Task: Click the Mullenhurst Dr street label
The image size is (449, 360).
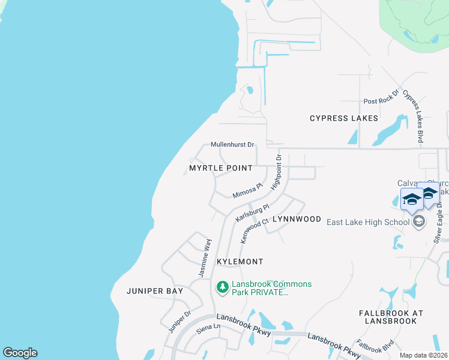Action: click(233, 145)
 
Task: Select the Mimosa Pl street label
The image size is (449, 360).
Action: click(248, 191)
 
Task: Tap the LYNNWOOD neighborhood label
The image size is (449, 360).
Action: click(297, 219)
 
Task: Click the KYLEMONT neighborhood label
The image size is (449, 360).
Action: click(240, 262)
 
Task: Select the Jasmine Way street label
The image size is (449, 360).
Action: click(205, 257)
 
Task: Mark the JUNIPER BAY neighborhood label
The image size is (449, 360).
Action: click(154, 291)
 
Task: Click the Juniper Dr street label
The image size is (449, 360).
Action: click(179, 321)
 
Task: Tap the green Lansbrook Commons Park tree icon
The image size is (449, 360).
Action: click(223, 288)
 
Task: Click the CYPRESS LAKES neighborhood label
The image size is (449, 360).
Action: click(344, 118)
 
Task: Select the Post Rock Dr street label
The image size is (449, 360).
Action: click(381, 97)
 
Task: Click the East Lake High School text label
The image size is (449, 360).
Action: click(367, 222)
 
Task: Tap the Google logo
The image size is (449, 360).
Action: click(20, 353)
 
